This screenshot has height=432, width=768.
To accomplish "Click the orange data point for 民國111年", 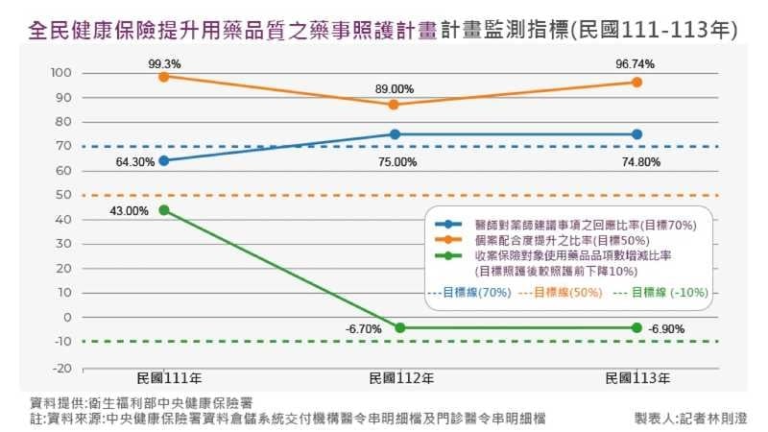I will (164, 76).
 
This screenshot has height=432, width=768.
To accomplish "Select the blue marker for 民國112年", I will (394, 134).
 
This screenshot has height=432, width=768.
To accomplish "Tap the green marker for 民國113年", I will (636, 327).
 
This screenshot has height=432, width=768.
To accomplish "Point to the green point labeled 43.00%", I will (164, 210).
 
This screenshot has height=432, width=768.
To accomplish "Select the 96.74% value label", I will (636, 63).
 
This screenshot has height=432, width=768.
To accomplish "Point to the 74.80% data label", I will (641, 162).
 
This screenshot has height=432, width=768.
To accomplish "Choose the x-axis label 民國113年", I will (636, 377).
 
